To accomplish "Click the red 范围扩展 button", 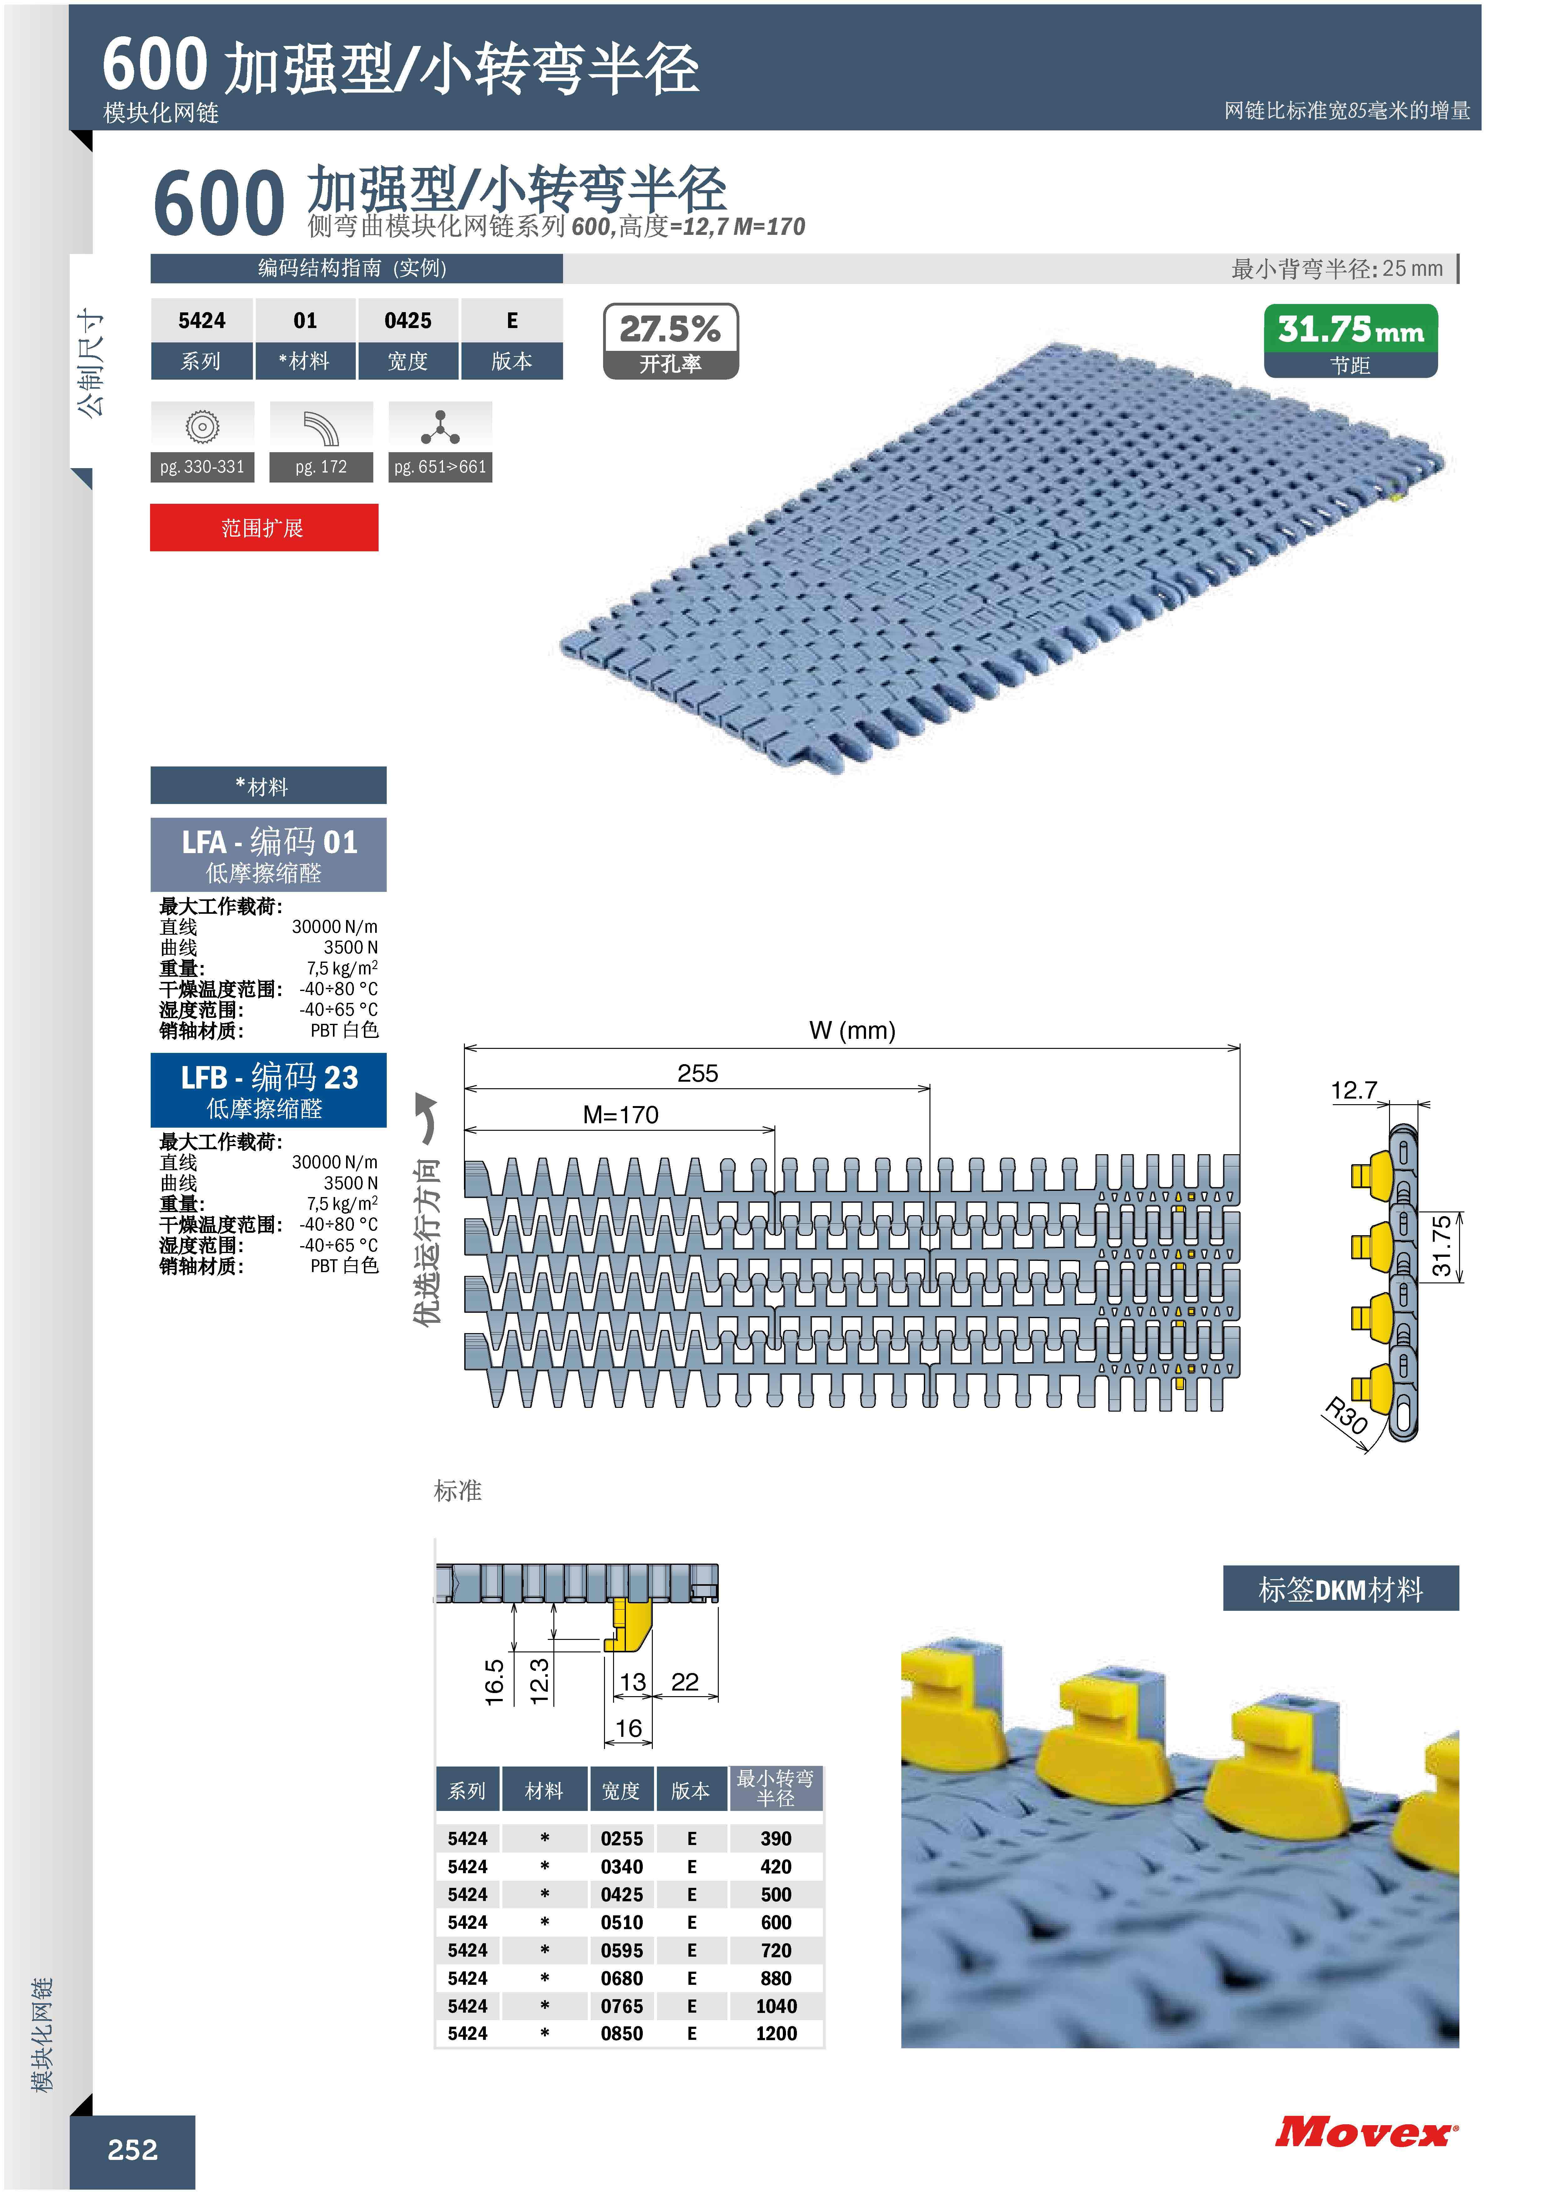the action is pyautogui.click(x=264, y=528).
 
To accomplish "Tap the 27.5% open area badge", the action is pyautogui.click(x=671, y=341).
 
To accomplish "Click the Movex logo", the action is pyautogui.click(x=1367, y=2132).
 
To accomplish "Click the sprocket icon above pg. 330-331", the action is pyautogui.click(x=203, y=426).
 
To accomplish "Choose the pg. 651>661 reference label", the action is pyautogui.click(x=441, y=467).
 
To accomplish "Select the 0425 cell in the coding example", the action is pyautogui.click(x=408, y=321).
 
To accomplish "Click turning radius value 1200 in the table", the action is pyautogui.click(x=776, y=2034).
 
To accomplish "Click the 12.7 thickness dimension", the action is pyautogui.click(x=1354, y=1090).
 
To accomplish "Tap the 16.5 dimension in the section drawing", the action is pyautogui.click(x=494, y=1682).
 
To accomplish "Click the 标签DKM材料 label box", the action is pyautogui.click(x=1341, y=1589).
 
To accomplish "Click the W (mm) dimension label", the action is pyautogui.click(x=853, y=1030).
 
